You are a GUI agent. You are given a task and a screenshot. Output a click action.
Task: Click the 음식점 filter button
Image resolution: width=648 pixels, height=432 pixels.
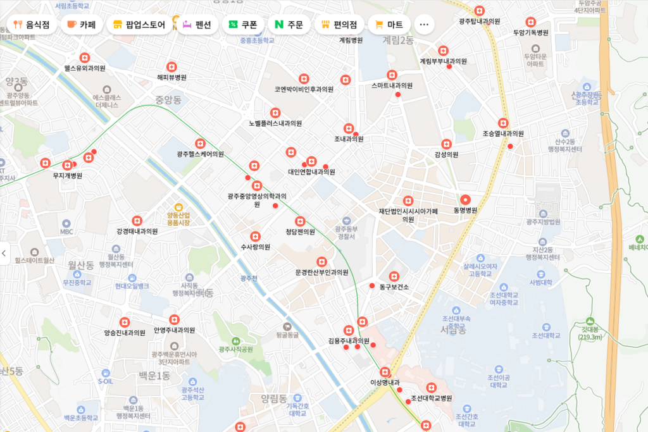click(x=31, y=25)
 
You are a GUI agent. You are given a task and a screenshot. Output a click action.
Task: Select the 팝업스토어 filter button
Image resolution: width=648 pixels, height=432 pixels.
click(x=139, y=25)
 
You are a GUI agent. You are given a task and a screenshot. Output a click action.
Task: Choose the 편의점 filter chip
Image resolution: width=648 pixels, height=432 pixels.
click(x=339, y=25)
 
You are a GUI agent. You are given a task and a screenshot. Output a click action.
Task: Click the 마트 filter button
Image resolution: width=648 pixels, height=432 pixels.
click(x=389, y=25)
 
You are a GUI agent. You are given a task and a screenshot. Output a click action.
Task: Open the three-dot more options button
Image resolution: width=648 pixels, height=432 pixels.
click(x=424, y=25)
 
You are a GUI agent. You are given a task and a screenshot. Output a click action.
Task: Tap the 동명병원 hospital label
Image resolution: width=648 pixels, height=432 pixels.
click(x=466, y=210)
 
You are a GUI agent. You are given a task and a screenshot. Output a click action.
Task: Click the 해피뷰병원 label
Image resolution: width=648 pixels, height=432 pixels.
click(x=171, y=77)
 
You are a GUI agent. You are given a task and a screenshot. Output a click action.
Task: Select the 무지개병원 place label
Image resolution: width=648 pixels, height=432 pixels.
click(x=68, y=175)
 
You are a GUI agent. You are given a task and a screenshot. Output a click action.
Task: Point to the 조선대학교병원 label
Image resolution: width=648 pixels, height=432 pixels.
click(x=431, y=398)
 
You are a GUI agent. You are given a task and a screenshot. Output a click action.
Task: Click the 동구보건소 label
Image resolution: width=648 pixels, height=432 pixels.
click(x=394, y=287)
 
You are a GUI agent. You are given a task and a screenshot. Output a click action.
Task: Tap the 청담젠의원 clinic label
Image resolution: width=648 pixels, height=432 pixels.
click(x=300, y=231)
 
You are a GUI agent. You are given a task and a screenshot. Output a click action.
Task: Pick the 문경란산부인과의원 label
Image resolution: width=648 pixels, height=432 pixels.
click(x=321, y=272)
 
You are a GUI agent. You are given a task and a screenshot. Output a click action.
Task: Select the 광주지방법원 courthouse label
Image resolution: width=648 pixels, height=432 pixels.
click(x=543, y=222)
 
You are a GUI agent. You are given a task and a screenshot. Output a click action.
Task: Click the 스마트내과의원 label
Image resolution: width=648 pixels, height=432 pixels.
click(x=392, y=85)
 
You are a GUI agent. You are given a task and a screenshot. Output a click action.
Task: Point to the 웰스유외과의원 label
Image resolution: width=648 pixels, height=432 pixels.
click(x=84, y=68)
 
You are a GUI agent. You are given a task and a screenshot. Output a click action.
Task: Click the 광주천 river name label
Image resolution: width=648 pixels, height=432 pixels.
click(x=249, y=278)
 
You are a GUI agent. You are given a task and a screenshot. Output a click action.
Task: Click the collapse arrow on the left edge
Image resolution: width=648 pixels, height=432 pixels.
click(x=4, y=253)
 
